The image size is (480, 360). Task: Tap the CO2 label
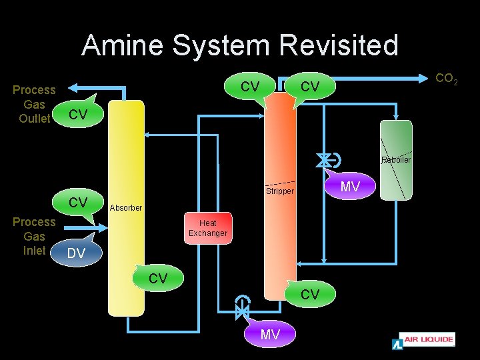(446, 79)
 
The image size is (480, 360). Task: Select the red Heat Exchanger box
(208, 229)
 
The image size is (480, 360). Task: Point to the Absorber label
(126, 208)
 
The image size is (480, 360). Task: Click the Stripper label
(280, 191)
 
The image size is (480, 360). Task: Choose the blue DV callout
(76, 253)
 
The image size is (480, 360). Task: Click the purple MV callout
(270, 334)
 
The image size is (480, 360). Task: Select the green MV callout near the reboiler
(350, 187)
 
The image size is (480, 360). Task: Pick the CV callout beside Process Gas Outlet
(78, 115)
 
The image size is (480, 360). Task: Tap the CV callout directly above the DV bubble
(78, 202)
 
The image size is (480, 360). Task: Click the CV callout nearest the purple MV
(309, 294)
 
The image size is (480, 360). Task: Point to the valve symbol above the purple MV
(242, 309)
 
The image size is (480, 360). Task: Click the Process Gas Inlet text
(35, 237)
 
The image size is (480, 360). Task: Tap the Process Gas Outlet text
(35, 104)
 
